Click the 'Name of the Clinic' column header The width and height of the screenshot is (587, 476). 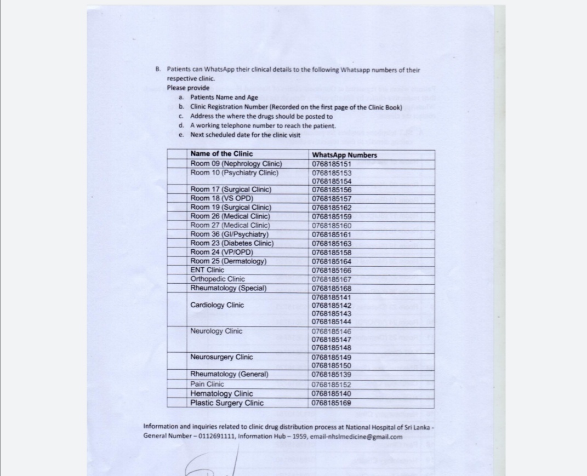pyautogui.click(x=221, y=154)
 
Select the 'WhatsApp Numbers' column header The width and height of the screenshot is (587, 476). pyautogui.click(x=344, y=154)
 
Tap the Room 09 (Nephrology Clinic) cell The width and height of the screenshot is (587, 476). pyautogui.click(x=236, y=164)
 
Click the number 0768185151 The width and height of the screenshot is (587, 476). pyautogui.click(x=331, y=164)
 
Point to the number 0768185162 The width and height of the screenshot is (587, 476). pyautogui.click(x=331, y=208)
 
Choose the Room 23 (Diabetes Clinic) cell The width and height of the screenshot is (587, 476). pyautogui.click(x=231, y=243)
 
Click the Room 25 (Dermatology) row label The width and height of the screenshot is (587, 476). pyautogui.click(x=228, y=261)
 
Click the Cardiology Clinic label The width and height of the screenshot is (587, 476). pyautogui.click(x=217, y=305)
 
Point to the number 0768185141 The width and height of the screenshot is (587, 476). pyautogui.click(x=331, y=297)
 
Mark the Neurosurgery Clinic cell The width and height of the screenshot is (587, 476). pyautogui.click(x=221, y=357)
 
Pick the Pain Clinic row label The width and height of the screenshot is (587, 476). pyautogui.click(x=207, y=384)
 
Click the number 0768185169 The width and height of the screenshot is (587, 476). pyautogui.click(x=331, y=403)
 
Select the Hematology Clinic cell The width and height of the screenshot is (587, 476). pyautogui.click(x=221, y=393)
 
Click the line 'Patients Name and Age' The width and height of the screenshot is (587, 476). pyautogui.click(x=224, y=97)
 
